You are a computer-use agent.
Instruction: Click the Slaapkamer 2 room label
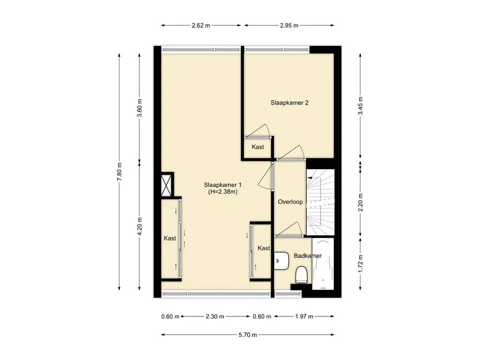coord(289,103)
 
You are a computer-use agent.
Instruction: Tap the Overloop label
coord(290,202)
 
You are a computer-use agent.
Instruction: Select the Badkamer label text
coord(307,255)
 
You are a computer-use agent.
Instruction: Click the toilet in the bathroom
coord(301,275)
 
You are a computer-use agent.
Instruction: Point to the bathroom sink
coord(281,261)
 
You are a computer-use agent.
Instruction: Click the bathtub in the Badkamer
coord(323,264)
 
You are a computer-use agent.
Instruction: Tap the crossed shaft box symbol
coord(167,185)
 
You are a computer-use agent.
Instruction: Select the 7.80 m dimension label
coord(120,172)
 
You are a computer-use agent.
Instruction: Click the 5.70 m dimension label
coord(247,335)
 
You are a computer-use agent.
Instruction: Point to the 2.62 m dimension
coord(201,26)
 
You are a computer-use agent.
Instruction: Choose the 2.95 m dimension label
coord(289,26)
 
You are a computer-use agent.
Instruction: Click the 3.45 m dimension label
coord(360,105)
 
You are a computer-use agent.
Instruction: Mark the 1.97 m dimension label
coord(304,316)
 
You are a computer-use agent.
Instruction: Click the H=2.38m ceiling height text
coord(223,192)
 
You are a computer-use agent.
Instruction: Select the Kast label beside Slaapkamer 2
coord(258,147)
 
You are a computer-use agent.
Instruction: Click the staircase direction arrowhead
coord(309,177)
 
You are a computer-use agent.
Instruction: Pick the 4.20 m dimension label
coord(140,226)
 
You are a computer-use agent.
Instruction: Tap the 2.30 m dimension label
coord(215,316)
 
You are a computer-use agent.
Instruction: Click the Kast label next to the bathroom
coord(264,248)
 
